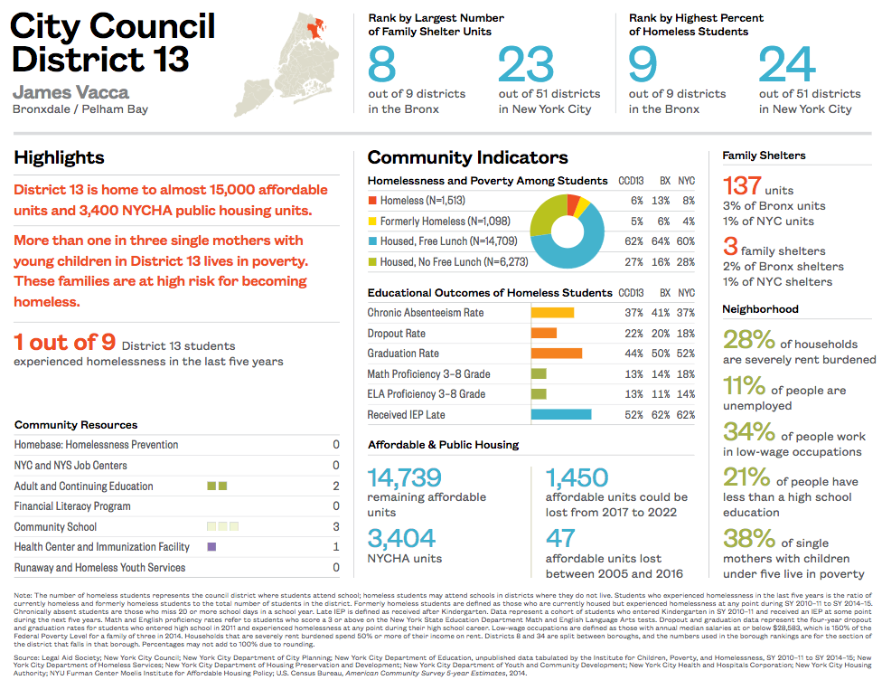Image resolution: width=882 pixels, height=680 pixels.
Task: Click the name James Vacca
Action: point(70,92)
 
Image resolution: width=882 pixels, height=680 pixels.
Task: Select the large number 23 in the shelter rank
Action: point(525,65)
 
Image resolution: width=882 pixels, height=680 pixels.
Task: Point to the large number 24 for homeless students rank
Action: point(786,65)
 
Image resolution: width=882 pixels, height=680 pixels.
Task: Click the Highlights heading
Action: point(59,158)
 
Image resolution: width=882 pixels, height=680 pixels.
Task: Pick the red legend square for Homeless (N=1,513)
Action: point(371,201)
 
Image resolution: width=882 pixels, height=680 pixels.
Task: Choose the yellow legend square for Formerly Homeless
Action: point(371,222)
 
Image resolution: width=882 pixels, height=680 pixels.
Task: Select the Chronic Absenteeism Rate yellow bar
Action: point(552,313)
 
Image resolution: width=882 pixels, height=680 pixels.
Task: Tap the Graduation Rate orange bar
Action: point(557,354)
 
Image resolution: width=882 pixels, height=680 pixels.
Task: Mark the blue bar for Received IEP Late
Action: point(561,415)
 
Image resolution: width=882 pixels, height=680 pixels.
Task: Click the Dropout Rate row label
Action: point(396,334)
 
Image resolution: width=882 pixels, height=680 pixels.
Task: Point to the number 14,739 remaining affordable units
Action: point(404,477)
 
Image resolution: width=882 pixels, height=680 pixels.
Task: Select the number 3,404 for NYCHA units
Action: point(401,539)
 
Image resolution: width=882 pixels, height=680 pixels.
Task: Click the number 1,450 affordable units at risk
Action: point(577,477)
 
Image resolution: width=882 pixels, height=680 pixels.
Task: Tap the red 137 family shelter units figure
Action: point(742,186)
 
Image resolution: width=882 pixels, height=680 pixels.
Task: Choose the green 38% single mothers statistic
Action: point(749,539)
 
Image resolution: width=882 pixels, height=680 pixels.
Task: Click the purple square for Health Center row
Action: point(211,547)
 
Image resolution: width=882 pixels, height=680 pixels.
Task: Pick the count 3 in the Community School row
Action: point(336,527)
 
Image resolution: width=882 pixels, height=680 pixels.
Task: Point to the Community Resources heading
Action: point(76,425)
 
